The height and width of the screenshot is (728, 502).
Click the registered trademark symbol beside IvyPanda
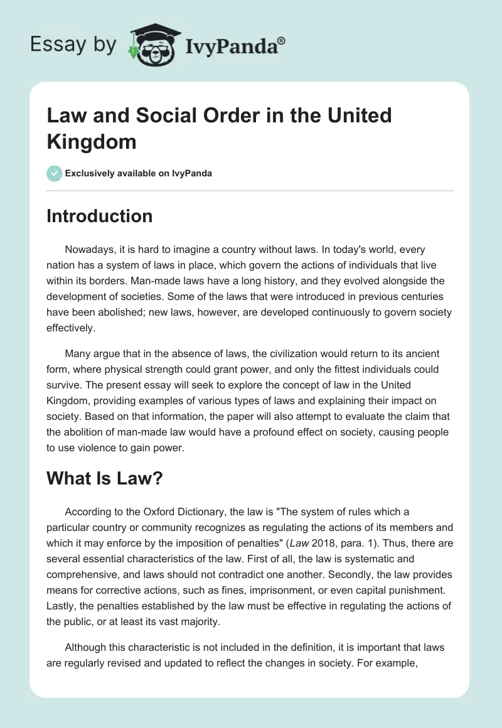(x=282, y=41)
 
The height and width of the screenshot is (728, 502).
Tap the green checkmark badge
(x=55, y=173)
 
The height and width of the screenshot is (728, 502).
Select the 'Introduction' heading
(x=99, y=217)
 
